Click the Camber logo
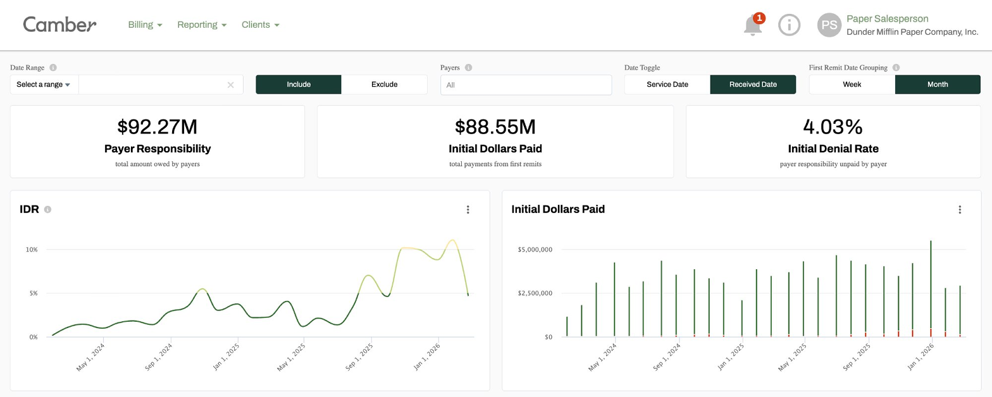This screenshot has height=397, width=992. pyautogui.click(x=59, y=25)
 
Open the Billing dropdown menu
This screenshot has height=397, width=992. pyautogui.click(x=145, y=25)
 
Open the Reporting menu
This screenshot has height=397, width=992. pyautogui.click(x=201, y=25)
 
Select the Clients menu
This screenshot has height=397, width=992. pyautogui.click(x=260, y=25)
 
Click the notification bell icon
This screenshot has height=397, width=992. pyautogui.click(x=752, y=25)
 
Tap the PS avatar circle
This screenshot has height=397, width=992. pyautogui.click(x=829, y=25)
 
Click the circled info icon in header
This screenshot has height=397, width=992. pyautogui.click(x=789, y=25)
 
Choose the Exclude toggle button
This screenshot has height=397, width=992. pyautogui.click(x=384, y=84)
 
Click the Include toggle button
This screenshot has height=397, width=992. pyautogui.click(x=299, y=84)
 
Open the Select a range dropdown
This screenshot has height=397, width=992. pyautogui.click(x=44, y=84)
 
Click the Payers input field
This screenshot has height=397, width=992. pyautogui.click(x=526, y=85)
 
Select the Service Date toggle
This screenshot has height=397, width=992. pyautogui.click(x=667, y=84)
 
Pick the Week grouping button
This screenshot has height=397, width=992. pyautogui.click(x=852, y=84)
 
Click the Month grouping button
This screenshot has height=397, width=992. pyautogui.click(x=938, y=84)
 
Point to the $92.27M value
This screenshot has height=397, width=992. pyautogui.click(x=157, y=127)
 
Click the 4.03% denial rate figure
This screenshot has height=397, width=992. pyautogui.click(x=833, y=127)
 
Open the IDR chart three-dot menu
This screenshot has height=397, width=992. pyautogui.click(x=468, y=210)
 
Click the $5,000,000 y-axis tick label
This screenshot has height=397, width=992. pyautogui.click(x=535, y=250)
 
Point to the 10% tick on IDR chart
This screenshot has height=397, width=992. pyautogui.click(x=32, y=250)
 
